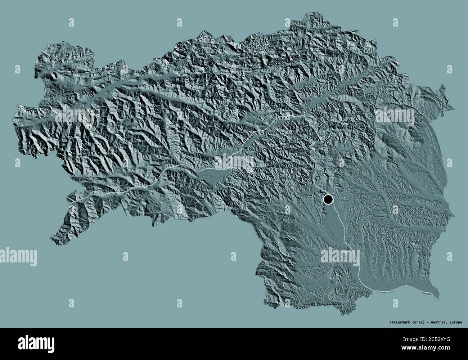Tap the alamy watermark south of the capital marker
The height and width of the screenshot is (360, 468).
tap(340, 256)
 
